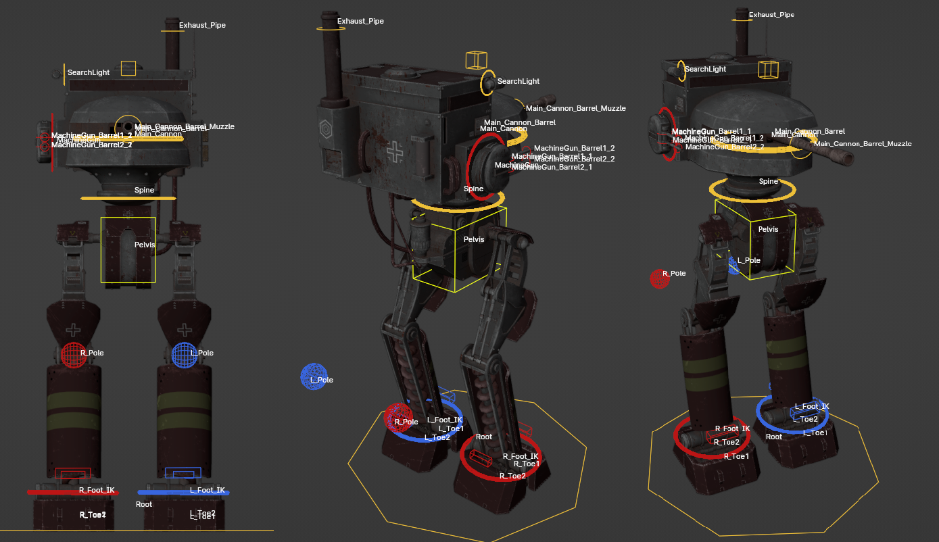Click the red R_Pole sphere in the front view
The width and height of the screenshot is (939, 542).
(73, 355)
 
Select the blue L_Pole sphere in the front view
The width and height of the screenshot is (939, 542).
(184, 355)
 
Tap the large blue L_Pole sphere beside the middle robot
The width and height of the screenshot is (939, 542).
(314, 376)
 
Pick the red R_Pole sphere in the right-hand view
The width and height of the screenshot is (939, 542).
(660, 278)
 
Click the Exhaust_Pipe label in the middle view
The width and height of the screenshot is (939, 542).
(360, 22)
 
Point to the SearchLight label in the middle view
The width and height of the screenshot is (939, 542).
(518, 82)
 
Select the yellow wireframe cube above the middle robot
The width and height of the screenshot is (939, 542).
(476, 60)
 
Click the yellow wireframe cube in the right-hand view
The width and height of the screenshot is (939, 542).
(768, 70)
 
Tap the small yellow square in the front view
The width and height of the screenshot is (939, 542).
(128, 68)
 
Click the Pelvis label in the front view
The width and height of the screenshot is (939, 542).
(145, 245)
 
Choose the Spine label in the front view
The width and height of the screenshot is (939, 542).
(144, 191)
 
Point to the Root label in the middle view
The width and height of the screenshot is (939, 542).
(484, 437)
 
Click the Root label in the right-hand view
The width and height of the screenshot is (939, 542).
(774, 437)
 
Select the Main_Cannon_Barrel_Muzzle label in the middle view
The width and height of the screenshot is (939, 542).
(575, 109)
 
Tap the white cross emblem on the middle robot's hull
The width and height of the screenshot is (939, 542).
(395, 153)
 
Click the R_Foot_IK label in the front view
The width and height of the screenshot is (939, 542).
(97, 491)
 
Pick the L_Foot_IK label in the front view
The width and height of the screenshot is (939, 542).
(207, 491)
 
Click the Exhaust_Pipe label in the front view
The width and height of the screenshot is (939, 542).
(202, 26)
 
